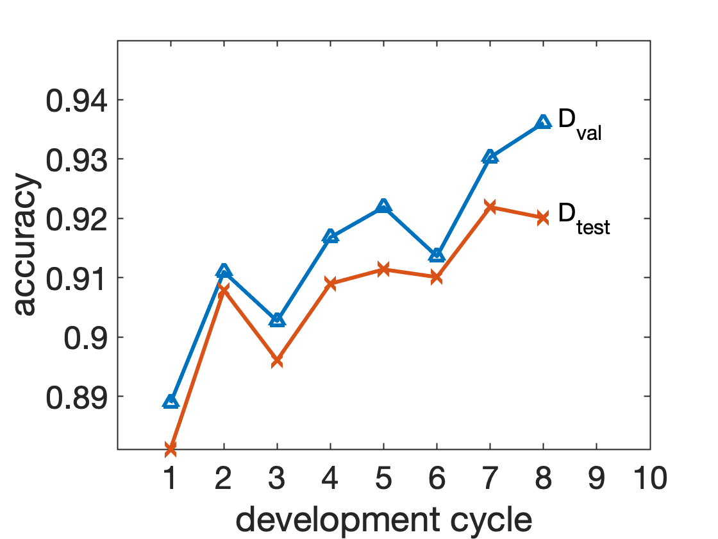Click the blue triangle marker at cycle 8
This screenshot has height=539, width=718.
point(543,122)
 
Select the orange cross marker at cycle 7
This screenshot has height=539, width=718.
point(490,207)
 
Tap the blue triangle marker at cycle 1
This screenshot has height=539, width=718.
point(171,402)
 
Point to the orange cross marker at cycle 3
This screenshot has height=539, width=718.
point(277,361)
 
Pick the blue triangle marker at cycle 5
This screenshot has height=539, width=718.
point(383,206)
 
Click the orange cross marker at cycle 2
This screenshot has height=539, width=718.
point(224,290)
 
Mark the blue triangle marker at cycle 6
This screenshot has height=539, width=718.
point(437,255)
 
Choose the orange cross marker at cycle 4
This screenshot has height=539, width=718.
point(330,283)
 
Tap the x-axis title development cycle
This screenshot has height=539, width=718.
point(384,519)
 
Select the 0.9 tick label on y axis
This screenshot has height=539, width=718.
point(86,338)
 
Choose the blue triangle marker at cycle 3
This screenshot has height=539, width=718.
point(277,320)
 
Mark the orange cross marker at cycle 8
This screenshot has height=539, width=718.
point(543,218)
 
